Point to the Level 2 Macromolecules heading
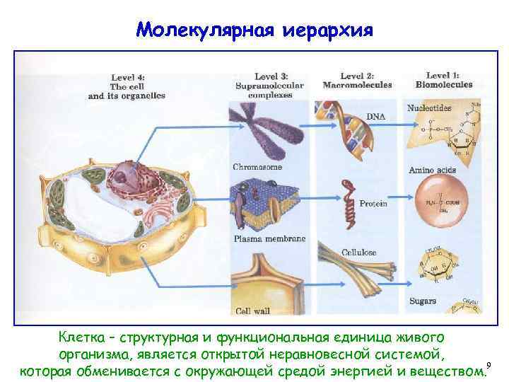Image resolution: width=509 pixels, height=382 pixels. point(356,80)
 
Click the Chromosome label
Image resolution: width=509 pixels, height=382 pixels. point(257,168)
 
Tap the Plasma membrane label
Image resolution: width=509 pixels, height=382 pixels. point(269,238)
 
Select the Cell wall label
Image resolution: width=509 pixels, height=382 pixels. point(251,311)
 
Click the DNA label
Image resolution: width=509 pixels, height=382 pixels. point(376,115)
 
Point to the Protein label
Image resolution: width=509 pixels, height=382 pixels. point(373,204)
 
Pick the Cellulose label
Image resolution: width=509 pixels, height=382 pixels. point(359,253)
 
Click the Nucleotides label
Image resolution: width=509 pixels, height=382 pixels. point(429,108)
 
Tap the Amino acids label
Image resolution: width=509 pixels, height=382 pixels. point(432,170)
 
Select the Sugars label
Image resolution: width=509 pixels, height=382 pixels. point(423,301)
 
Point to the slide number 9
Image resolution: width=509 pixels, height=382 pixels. point(488,365)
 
